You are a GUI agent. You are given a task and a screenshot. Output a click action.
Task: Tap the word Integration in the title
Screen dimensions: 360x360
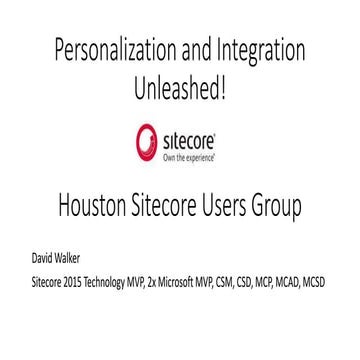pos(259,50)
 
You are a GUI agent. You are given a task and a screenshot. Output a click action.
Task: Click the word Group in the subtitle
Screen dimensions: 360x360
pos(294,209)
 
